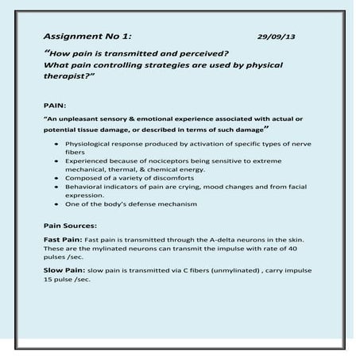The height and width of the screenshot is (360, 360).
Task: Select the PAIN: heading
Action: [x=56, y=106]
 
